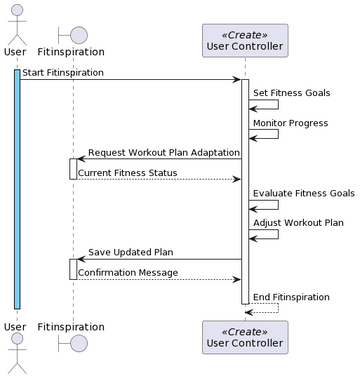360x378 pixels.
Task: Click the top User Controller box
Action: coord(244,40)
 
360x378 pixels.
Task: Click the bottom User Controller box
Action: coord(244,337)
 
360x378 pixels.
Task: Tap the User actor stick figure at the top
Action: coord(15,21)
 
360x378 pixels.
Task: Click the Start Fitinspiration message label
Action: coord(60,72)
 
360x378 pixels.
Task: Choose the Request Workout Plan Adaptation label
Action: coord(163,152)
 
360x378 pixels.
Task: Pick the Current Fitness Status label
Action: coord(128,172)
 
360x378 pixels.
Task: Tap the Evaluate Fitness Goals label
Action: coord(303,193)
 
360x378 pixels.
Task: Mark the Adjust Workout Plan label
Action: coord(298,223)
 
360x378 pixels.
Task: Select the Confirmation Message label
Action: coord(128,272)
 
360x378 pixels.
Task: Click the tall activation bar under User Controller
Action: coord(245,190)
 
